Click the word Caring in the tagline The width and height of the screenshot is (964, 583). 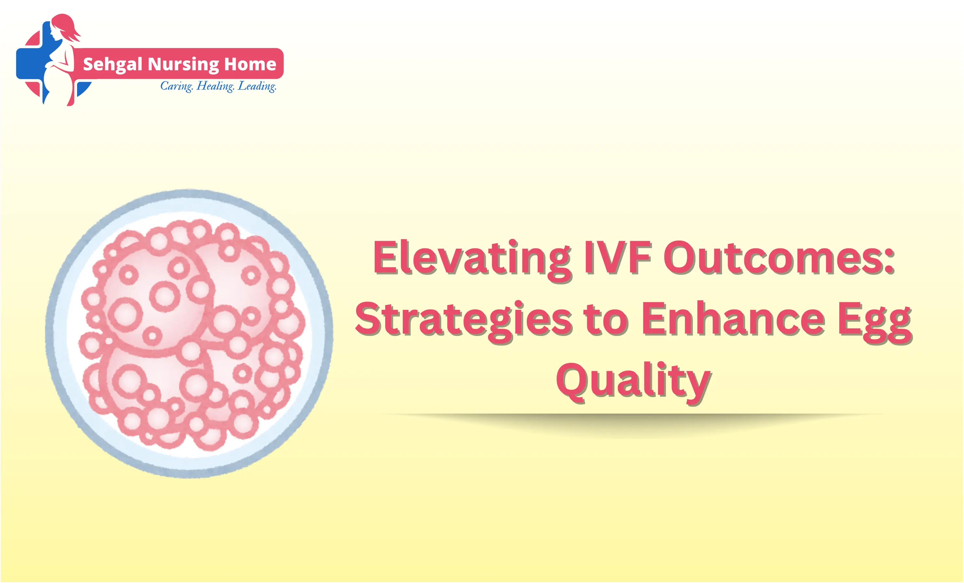176,86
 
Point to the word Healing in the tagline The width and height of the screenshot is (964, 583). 215,86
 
